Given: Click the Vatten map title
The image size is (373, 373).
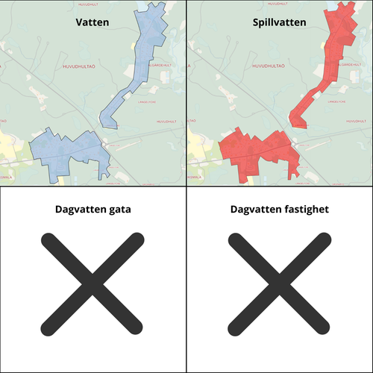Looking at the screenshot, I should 93,23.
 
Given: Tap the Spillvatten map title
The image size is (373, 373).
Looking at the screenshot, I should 279,23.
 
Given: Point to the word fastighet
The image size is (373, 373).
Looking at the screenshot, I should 304,210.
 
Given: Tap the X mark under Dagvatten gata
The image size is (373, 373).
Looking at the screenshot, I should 93,283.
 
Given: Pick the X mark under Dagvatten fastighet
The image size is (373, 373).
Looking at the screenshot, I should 279,283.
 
